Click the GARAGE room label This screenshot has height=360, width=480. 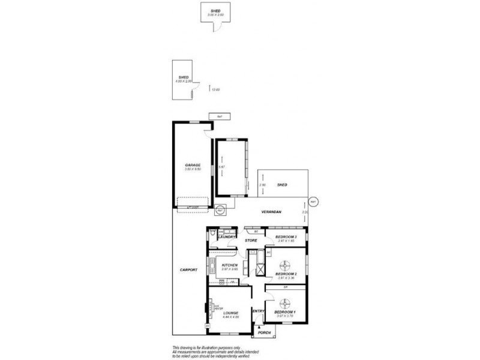point(193,165)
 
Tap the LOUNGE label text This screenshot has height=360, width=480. point(231,313)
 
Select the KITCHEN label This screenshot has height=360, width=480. point(230,265)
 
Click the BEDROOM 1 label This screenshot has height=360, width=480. point(286,312)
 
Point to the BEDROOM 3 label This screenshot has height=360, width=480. point(286,237)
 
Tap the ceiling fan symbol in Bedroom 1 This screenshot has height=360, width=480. point(286,301)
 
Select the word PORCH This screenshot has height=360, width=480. point(264,332)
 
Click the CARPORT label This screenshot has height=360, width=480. point(188,270)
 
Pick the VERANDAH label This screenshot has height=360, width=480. point(272,213)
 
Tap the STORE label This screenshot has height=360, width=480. point(251,240)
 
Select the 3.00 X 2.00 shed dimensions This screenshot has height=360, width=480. point(215,14)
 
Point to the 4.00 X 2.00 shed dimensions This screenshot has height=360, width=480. point(182,81)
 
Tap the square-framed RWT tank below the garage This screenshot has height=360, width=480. point(220,211)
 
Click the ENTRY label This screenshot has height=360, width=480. point(259,311)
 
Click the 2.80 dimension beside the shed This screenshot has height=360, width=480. point(262,185)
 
